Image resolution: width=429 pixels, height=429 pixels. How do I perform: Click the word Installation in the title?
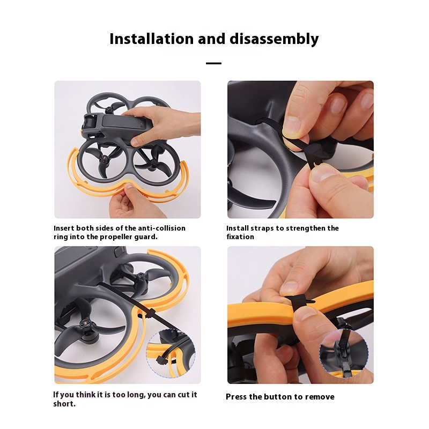151,39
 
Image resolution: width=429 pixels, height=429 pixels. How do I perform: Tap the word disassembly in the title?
274,39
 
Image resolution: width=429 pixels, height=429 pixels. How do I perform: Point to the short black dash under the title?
213,63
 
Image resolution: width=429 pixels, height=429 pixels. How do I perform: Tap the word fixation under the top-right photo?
240,236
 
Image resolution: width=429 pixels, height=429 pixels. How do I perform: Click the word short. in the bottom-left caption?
64,404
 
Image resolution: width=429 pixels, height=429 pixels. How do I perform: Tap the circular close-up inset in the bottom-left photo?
171,354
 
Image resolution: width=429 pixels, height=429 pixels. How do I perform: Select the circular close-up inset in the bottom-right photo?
344,354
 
